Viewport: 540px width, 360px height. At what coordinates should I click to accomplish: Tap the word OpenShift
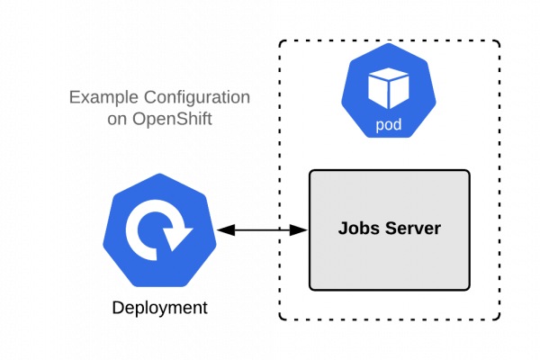click(171, 119)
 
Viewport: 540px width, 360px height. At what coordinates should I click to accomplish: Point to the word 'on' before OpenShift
click(116, 119)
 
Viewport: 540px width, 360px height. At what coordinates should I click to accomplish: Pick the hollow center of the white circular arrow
click(159, 229)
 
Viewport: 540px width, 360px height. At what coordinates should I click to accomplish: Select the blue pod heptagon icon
click(389, 96)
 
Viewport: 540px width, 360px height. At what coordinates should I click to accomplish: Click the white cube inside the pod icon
click(389, 88)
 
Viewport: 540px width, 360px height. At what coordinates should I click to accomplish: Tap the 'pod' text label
click(389, 125)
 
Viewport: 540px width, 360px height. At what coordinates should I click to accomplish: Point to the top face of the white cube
click(389, 76)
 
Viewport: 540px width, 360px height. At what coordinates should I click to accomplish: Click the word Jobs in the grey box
click(355, 229)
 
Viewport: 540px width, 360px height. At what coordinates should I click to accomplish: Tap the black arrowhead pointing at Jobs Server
click(301, 230)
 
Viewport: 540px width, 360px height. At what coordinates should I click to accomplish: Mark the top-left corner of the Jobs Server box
click(310, 171)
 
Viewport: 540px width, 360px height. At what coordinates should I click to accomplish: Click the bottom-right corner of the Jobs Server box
click(469, 289)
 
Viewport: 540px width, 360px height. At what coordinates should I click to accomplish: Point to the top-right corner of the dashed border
click(499, 42)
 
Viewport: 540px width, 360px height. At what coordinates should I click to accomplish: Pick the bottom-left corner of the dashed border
click(281, 319)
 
